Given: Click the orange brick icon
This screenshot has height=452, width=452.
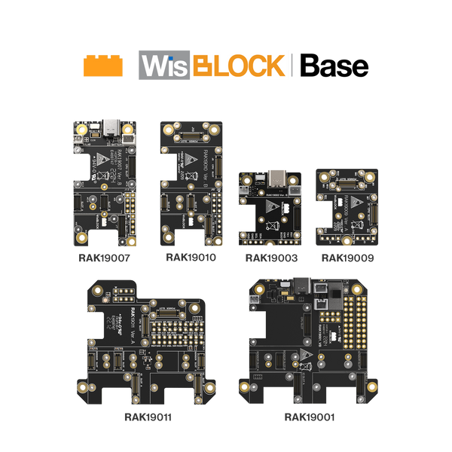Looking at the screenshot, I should pos(102,66).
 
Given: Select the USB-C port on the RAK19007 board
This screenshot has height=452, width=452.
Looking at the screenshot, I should pos(112,130).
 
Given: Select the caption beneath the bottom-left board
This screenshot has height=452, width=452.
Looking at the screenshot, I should pos(149,415).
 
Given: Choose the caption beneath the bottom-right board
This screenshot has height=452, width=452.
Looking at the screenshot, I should pos(309,415).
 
